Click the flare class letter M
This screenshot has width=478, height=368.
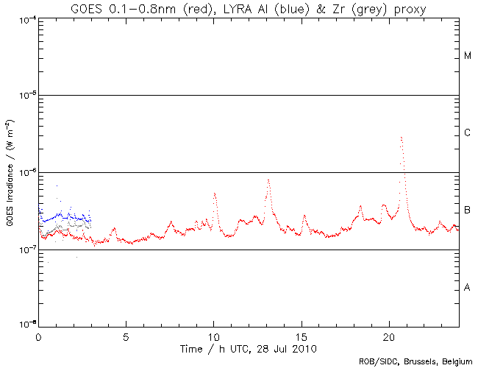pyautogui.click(x=468, y=56)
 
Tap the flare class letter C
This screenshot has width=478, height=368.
pyautogui.click(x=468, y=133)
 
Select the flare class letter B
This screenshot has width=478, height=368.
pyautogui.click(x=468, y=210)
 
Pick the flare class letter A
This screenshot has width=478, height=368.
pyautogui.click(x=468, y=288)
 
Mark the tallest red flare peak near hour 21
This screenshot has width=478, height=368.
pyautogui.click(x=401, y=137)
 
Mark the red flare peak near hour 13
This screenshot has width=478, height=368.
pyautogui.click(x=268, y=179)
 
